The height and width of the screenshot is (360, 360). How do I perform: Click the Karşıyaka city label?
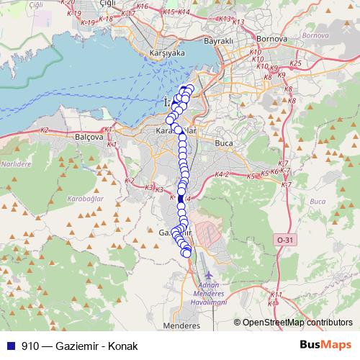pyautogui.click(x=166, y=53)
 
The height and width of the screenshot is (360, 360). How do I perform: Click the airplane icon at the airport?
pyautogui.click(x=209, y=274)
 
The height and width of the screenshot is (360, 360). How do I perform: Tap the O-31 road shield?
pyautogui.click(x=285, y=239)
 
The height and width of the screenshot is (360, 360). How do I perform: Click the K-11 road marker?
pyautogui.click(x=276, y=295)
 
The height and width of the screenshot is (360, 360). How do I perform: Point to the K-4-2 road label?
pyautogui.click(x=222, y=174)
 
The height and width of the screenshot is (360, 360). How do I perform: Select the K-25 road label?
pyautogui.click(x=294, y=64)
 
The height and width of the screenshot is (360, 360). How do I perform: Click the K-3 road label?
pyautogui.click(x=149, y=188)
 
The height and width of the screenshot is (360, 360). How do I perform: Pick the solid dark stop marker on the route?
pyautogui.click(x=180, y=198)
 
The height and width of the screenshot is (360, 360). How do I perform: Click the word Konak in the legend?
pyautogui.click(x=117, y=346)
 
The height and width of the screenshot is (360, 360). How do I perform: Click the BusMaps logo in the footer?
pyautogui.click(x=325, y=345)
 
